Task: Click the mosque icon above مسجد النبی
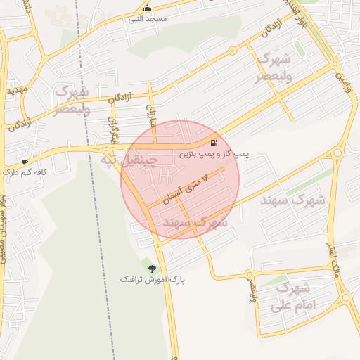[147, 8]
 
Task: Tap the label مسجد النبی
[147, 19]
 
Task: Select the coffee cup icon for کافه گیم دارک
[25, 162]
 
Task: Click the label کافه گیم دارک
[25, 172]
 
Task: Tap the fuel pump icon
[213, 143]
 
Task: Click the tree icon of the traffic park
[152, 268]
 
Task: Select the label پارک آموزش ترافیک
[153, 279]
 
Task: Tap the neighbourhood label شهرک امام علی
[295, 297]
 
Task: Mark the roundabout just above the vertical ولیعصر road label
[249, 274]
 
